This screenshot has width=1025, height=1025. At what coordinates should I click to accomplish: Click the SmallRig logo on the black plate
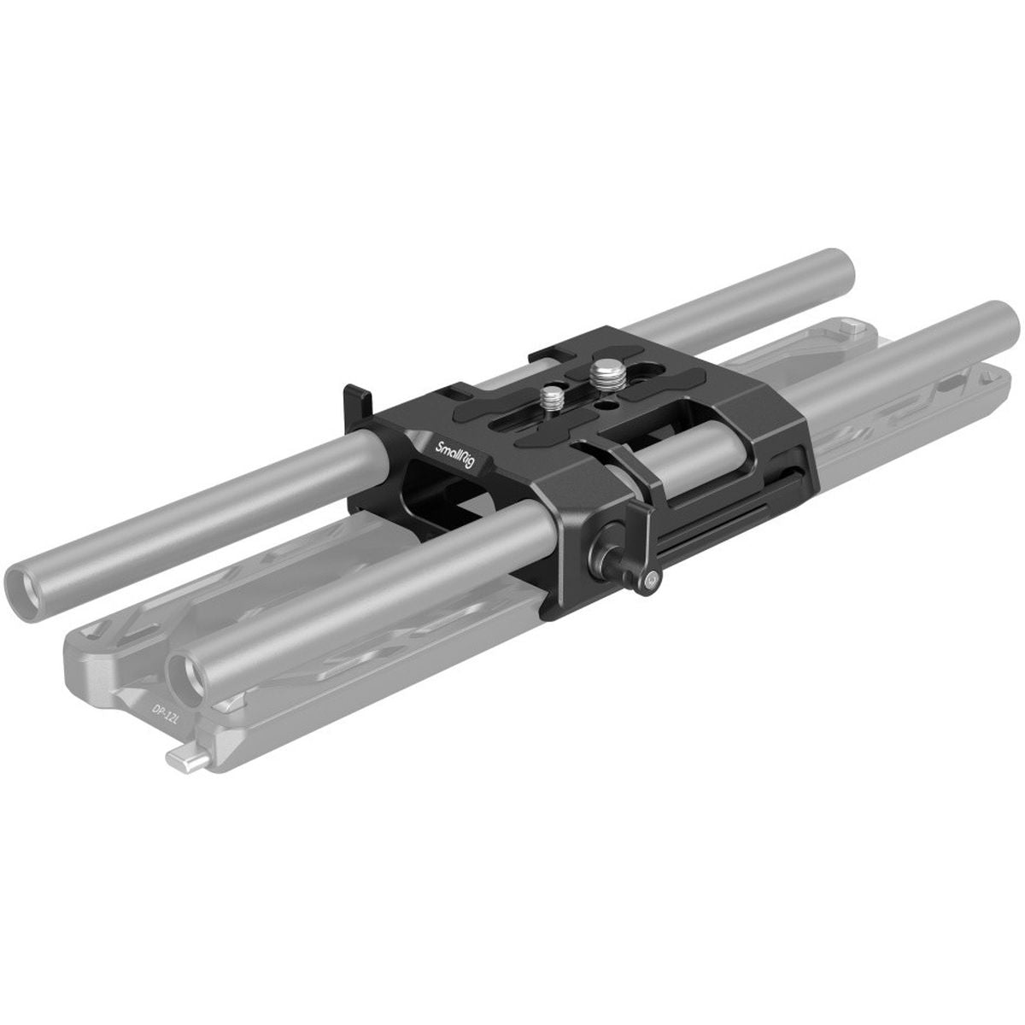pyautogui.click(x=454, y=454)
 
